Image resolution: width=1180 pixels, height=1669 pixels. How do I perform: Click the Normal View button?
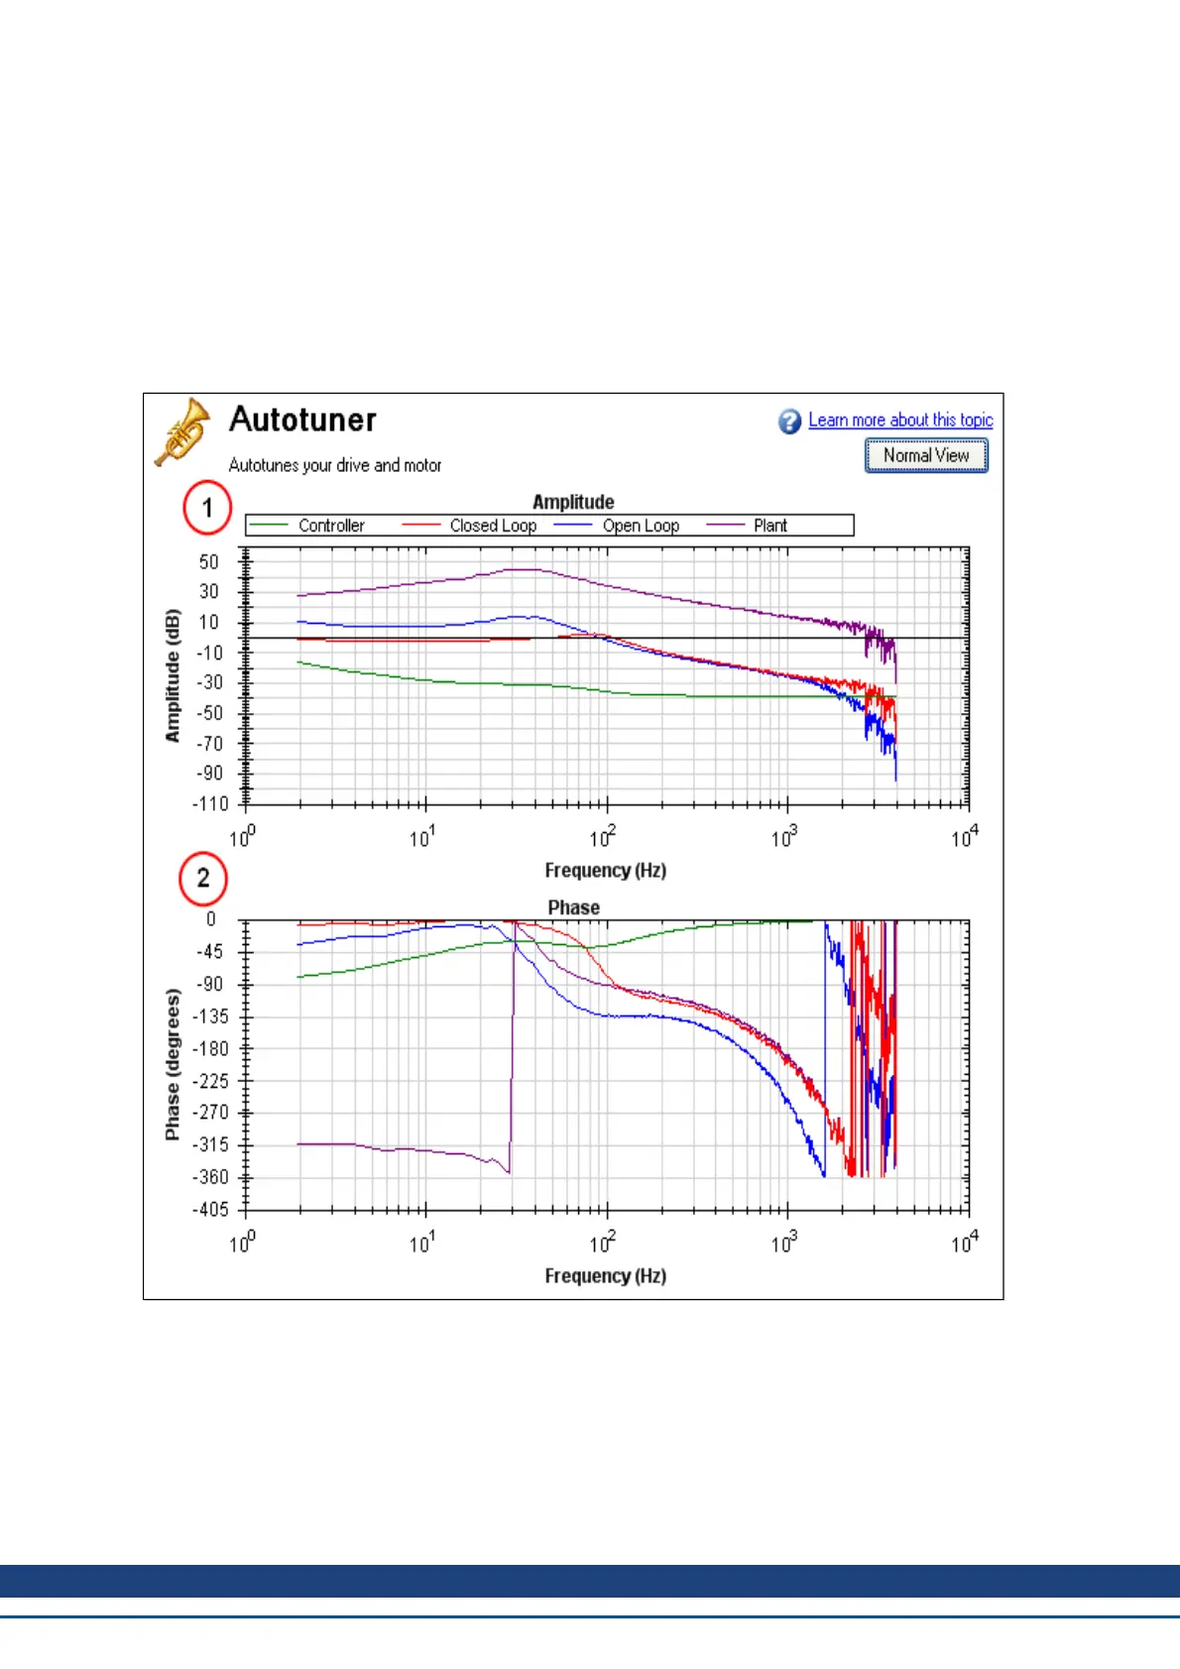[x=926, y=455]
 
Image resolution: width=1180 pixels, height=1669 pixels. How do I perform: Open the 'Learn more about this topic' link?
[x=900, y=420]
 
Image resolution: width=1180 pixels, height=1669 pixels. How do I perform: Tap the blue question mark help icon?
[x=789, y=421]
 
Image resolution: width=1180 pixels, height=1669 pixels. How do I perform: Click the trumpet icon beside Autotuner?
[x=182, y=431]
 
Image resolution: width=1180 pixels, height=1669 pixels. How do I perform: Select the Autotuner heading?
[x=302, y=419]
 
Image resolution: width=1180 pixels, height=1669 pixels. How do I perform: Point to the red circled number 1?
[x=206, y=508]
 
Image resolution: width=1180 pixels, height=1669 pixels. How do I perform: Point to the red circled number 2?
[x=203, y=879]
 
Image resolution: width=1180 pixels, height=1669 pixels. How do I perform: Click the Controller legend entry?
[x=331, y=526]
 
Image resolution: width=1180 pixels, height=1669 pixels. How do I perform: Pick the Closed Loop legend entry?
[x=493, y=526]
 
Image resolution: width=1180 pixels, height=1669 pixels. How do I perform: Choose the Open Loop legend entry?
[x=641, y=526]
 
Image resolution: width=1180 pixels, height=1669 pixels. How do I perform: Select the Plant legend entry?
[x=769, y=526]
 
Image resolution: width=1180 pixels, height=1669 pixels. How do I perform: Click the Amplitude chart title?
[x=573, y=502]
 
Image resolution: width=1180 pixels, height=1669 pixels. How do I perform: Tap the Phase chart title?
[x=573, y=907]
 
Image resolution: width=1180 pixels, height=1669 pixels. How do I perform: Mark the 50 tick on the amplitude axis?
[x=208, y=562]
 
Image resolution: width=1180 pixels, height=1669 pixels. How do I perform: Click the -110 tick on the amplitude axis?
[x=210, y=803]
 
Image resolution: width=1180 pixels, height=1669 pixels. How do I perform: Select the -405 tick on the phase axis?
[x=209, y=1209]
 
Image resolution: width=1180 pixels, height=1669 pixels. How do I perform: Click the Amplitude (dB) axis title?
[x=174, y=675]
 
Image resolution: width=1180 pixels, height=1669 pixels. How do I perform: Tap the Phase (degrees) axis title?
[x=174, y=1063]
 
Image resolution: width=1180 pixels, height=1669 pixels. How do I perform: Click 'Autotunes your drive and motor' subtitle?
[x=335, y=465]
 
